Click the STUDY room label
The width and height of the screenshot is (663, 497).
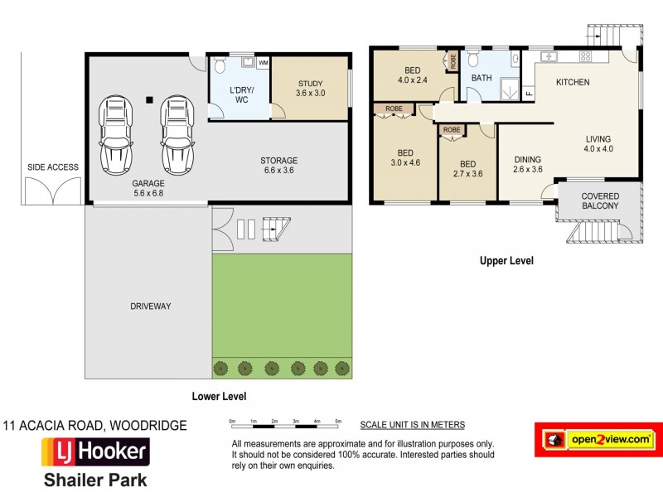click(x=310, y=84)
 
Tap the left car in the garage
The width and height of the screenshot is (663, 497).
click(x=116, y=135)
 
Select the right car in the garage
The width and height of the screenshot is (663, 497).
click(x=177, y=135)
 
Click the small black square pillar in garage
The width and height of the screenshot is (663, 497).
click(x=149, y=100)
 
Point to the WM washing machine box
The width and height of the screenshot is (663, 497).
click(x=263, y=63)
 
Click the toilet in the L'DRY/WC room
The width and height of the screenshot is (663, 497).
click(x=220, y=65)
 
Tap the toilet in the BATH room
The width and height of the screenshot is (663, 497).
click(x=473, y=59)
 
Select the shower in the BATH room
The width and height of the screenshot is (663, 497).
click(x=509, y=89)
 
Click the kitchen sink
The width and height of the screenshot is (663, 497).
click(x=549, y=56)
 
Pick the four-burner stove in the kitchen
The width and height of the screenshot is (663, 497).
click(x=585, y=56)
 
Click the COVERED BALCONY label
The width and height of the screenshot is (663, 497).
click(x=600, y=200)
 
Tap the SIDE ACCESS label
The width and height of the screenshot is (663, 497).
click(x=53, y=167)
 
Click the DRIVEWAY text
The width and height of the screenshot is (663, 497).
click(x=151, y=306)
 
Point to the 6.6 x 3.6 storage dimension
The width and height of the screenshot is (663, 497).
click(x=279, y=171)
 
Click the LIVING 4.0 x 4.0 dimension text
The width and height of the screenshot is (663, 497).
click(x=598, y=148)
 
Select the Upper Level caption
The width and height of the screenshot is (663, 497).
click(x=506, y=261)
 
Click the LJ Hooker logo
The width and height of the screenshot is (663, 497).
click(x=95, y=451)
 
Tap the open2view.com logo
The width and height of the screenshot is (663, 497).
click(x=598, y=440)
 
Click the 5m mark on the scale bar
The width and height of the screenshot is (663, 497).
click(x=338, y=422)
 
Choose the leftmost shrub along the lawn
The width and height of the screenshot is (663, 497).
click(x=220, y=369)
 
